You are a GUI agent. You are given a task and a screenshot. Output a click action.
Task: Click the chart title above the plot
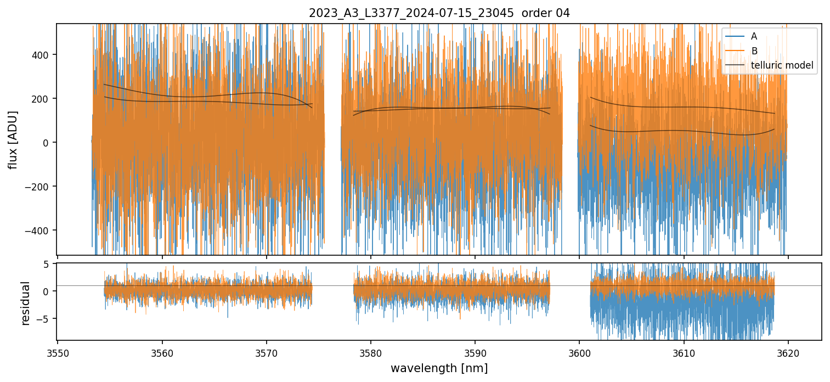[439, 13]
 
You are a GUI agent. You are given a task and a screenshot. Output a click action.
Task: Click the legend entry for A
[754, 36]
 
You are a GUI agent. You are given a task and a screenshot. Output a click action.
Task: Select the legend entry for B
[754, 51]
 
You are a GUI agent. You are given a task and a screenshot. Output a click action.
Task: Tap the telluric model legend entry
[782, 66]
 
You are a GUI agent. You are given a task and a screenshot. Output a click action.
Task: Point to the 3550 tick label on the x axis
[58, 352]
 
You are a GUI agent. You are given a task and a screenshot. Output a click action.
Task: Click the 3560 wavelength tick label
[162, 352]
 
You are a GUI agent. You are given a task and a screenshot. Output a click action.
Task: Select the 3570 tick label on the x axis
[266, 352]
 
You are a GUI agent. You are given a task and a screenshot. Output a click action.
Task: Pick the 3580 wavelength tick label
[371, 352]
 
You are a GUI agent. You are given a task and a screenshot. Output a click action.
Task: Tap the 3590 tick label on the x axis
[475, 352]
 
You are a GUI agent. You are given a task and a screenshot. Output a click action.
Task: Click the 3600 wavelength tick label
[579, 352]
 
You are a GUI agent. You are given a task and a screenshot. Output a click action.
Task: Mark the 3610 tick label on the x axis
[684, 352]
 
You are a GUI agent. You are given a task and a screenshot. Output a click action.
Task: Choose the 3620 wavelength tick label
[788, 352]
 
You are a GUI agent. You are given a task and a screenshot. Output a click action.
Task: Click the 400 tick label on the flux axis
[43, 55]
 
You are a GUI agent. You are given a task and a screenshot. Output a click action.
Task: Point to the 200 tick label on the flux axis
[43, 99]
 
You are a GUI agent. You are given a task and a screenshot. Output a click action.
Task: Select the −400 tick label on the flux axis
[40, 231]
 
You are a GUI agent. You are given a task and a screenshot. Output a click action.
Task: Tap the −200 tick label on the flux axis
[40, 187]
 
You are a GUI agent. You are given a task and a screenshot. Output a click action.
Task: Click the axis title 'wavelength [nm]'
[439, 368]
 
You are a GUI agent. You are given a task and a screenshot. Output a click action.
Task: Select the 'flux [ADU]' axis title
[13, 139]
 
